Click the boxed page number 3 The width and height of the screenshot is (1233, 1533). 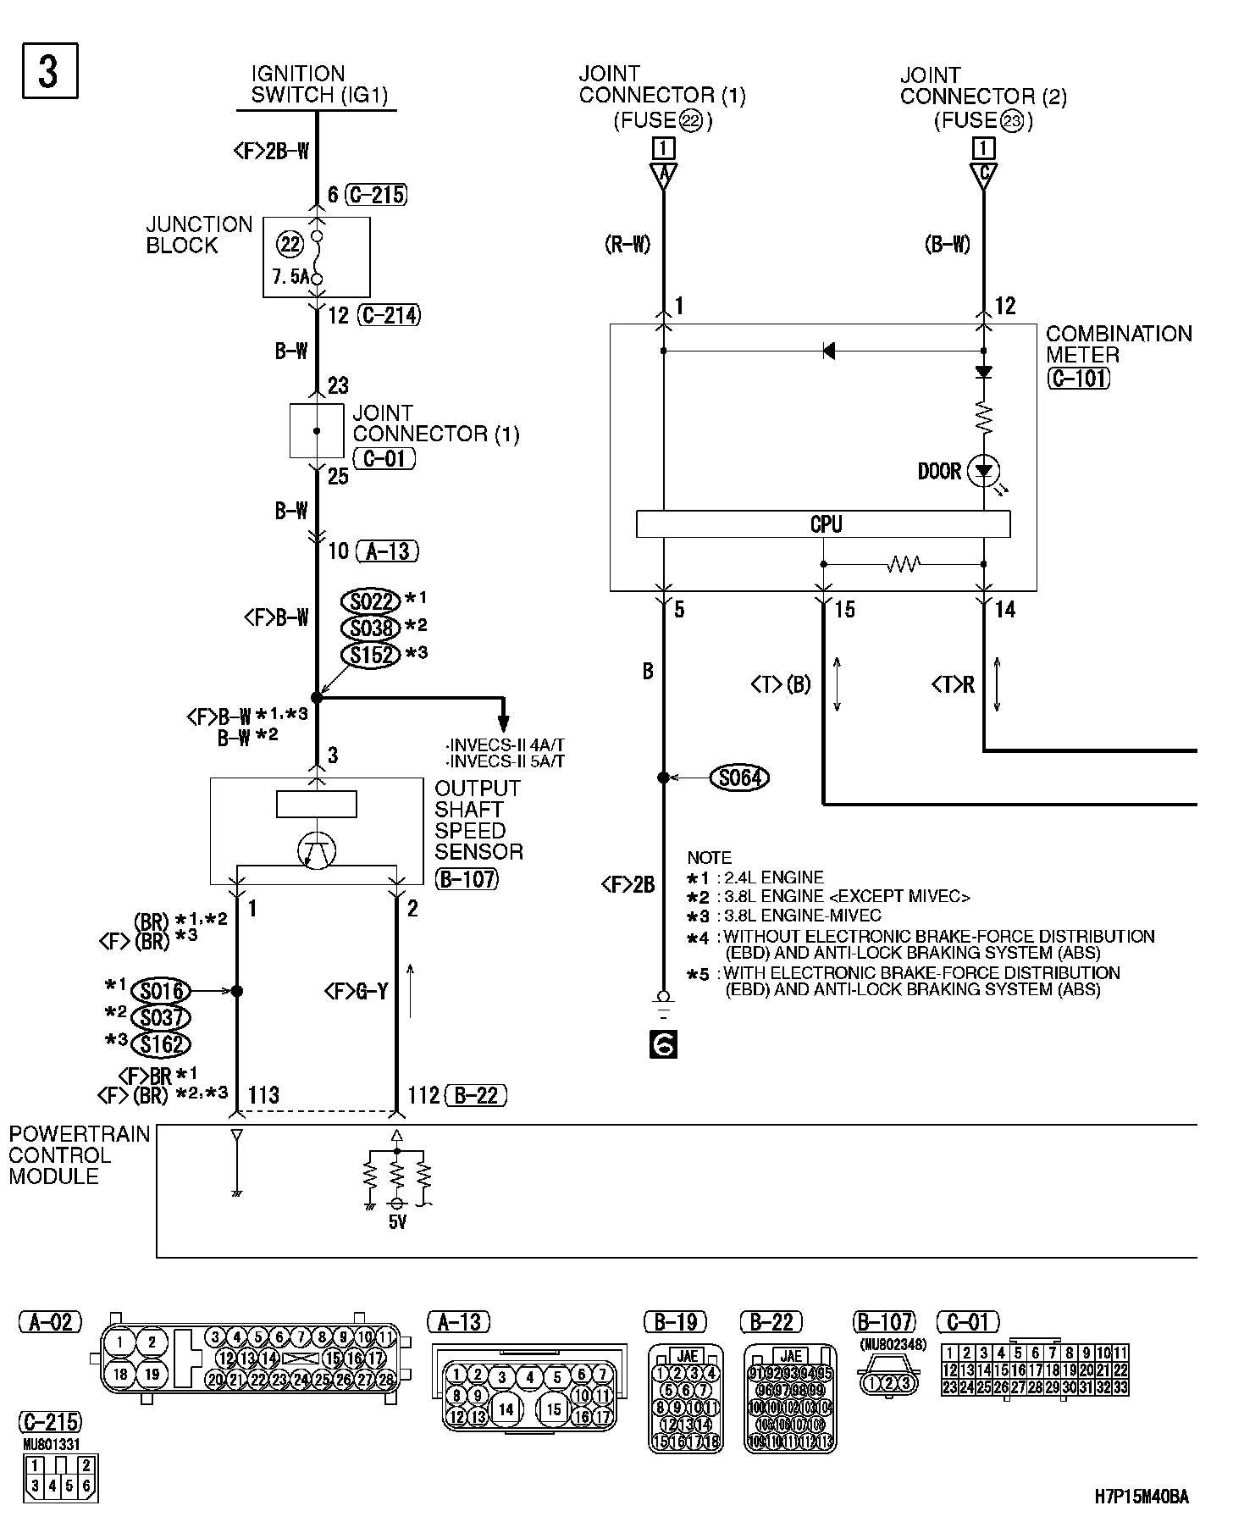click(48, 71)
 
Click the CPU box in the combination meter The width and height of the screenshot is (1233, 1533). click(823, 524)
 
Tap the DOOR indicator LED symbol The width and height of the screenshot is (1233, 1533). click(983, 471)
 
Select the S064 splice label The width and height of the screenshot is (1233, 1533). click(740, 778)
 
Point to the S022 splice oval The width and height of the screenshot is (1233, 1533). click(370, 601)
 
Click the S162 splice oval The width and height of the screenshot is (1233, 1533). click(162, 1044)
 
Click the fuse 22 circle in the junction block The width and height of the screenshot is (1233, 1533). click(290, 245)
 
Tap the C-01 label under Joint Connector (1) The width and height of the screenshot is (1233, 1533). click(384, 459)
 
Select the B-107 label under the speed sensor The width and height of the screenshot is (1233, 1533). click(467, 879)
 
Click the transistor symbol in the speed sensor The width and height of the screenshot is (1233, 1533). click(317, 851)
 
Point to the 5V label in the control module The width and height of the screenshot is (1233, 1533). click(397, 1223)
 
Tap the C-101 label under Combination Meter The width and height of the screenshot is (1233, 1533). click(1078, 378)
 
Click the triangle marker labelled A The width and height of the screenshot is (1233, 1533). click(663, 175)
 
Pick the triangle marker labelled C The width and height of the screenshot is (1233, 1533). click(983, 175)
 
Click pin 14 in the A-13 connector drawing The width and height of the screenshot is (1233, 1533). click(506, 1409)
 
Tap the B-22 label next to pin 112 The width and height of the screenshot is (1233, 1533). click(476, 1096)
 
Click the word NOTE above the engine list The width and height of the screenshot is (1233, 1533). click(709, 857)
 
